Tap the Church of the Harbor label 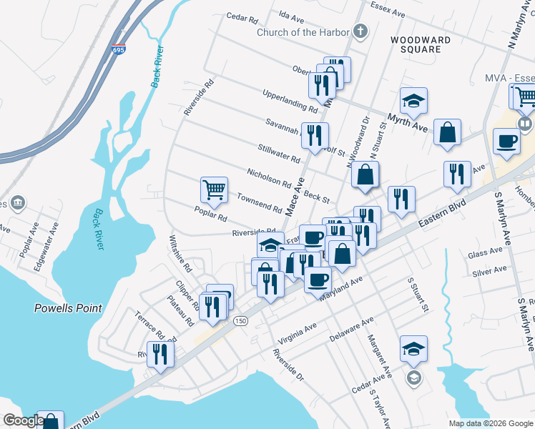coord(303,32)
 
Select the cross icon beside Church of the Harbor coord(360,31)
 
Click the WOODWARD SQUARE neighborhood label coord(421,44)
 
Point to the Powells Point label coord(68,308)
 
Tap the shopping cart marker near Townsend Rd coord(214,190)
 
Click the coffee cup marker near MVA coord(506,141)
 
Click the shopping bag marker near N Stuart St coord(365,174)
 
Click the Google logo coord(22,420)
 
